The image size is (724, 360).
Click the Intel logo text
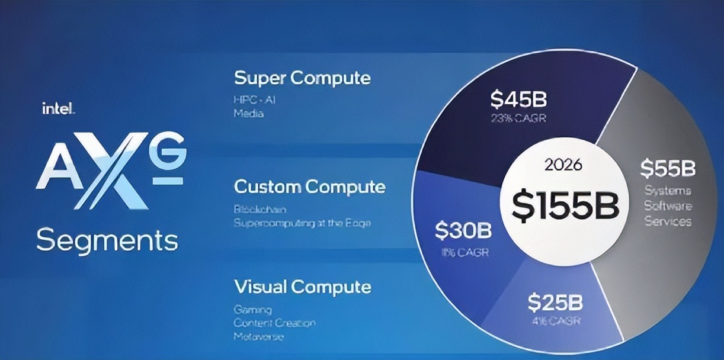tap(58, 108)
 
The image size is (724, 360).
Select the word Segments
tap(107, 240)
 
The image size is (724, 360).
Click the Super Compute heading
tap(302, 78)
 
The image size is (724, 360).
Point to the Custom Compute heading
tap(309, 187)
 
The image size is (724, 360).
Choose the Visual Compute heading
tap(302, 287)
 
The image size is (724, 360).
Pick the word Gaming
tap(252, 310)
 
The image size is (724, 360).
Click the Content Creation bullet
tap(274, 323)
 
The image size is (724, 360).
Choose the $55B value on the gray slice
tap(667, 169)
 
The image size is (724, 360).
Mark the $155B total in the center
tap(565, 205)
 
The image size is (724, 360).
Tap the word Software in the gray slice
tap(668, 206)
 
